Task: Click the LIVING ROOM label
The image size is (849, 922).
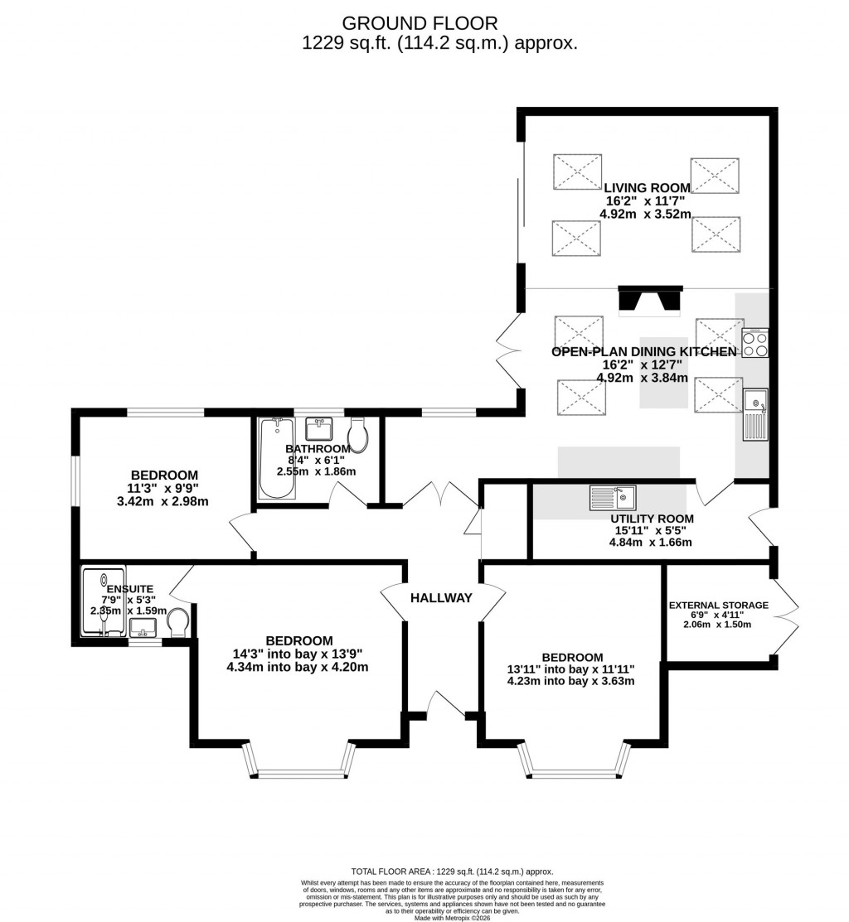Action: pos(647,188)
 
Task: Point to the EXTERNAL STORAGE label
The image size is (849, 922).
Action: pos(718,605)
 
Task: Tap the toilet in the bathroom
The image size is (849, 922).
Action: pos(358,432)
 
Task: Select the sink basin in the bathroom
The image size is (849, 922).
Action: pos(319,428)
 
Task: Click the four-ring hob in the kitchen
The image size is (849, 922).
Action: pos(755,343)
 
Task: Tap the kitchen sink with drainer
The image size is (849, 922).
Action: pos(755,414)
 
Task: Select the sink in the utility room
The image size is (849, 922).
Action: pos(613,498)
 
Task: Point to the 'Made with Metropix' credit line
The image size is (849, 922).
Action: pos(452,916)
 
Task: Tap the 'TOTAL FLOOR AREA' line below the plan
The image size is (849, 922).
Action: pos(452,871)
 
